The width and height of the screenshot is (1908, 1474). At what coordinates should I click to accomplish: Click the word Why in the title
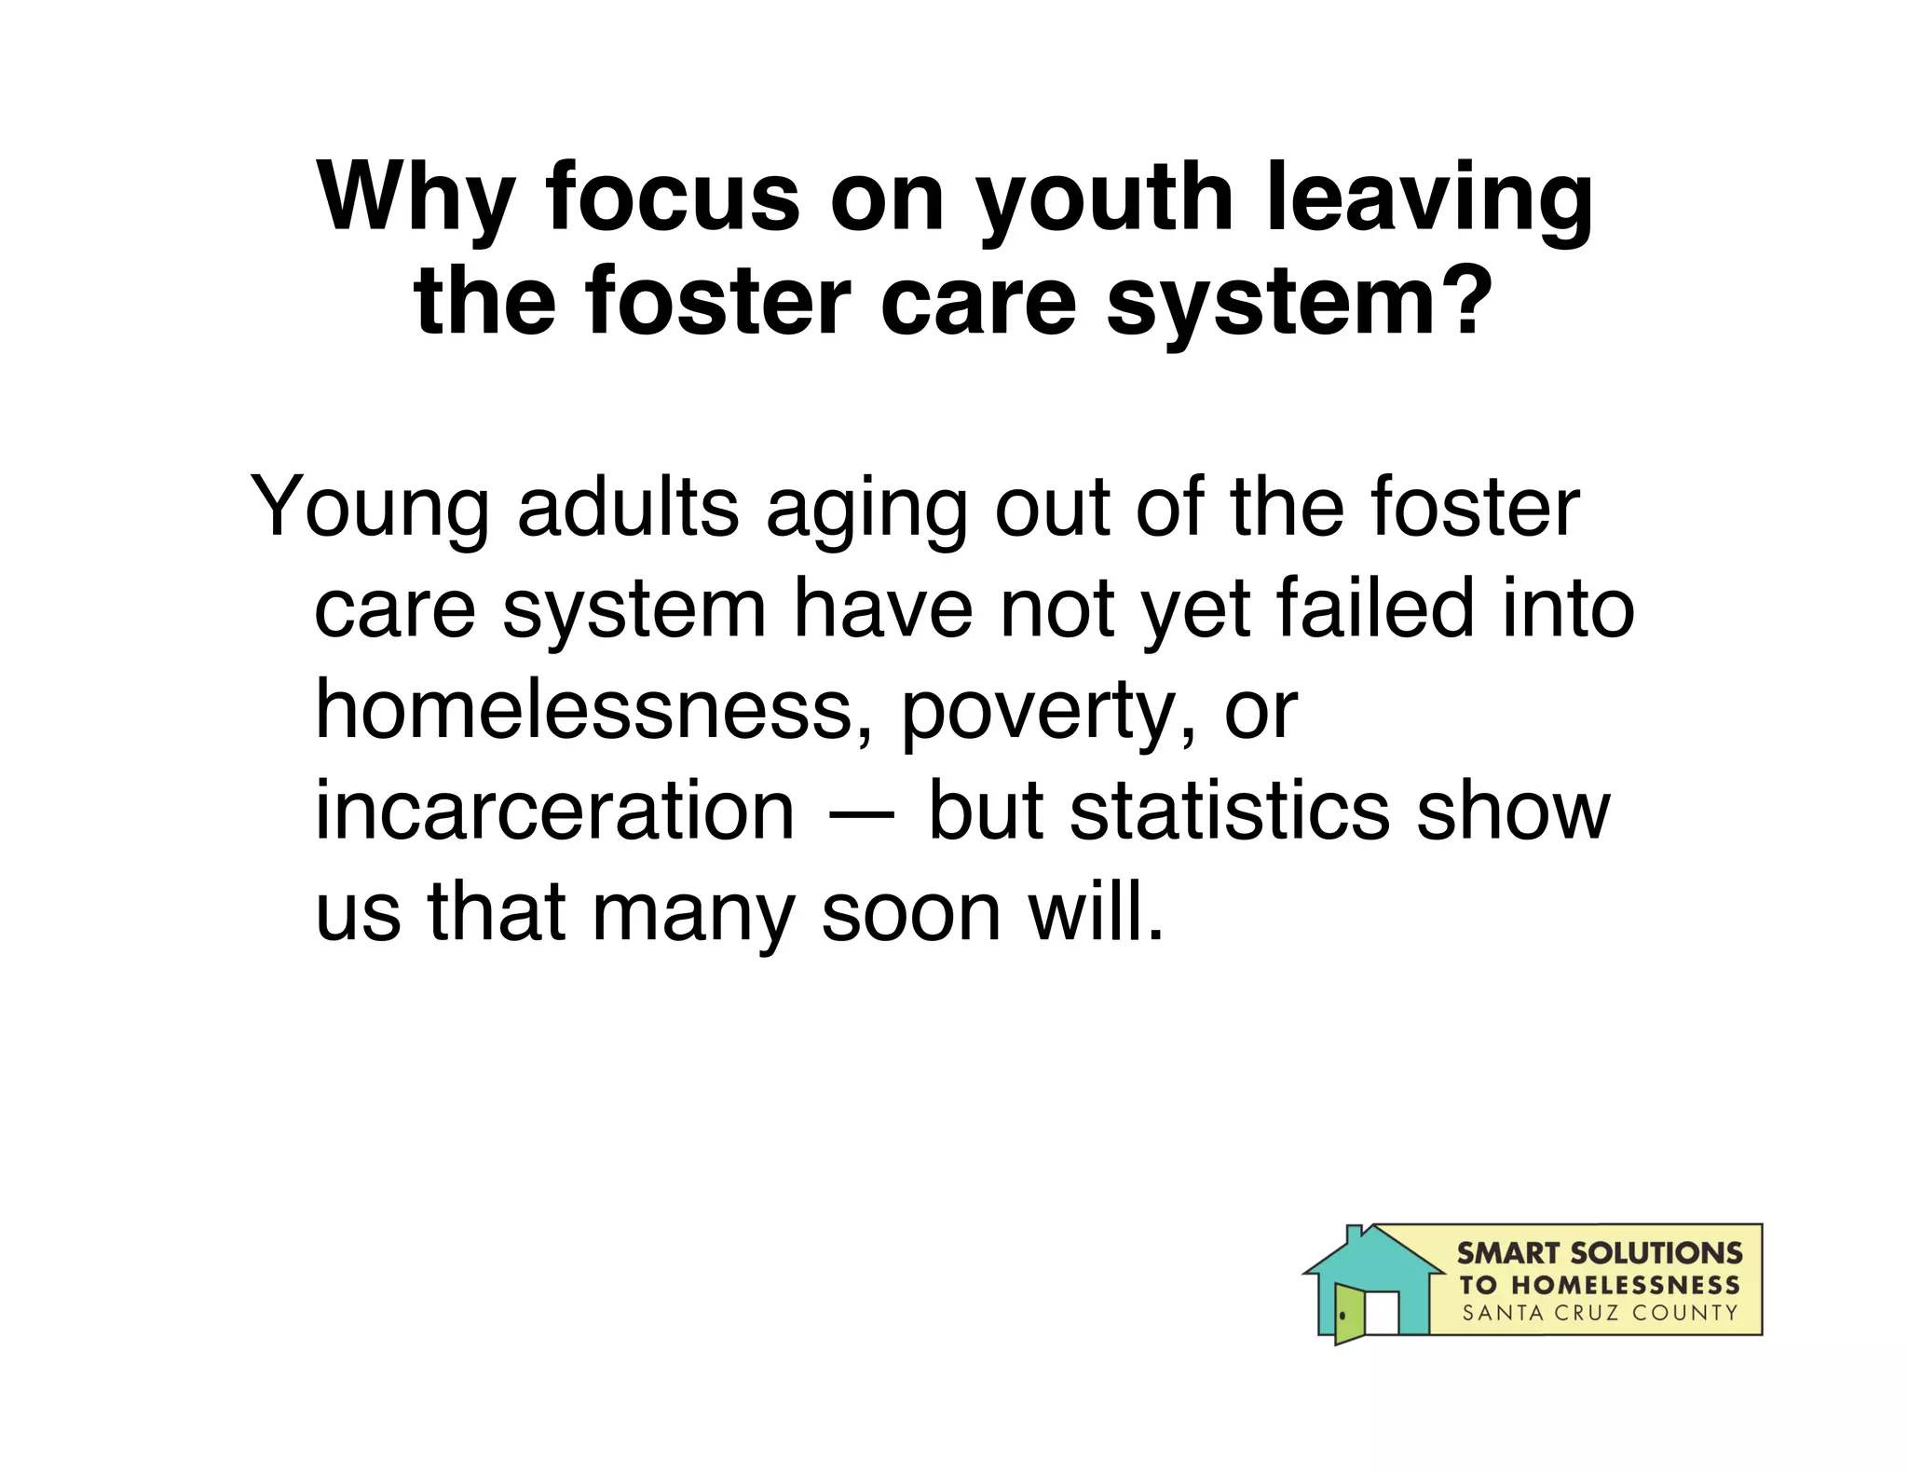[x=416, y=200]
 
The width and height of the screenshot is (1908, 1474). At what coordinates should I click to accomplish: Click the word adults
[x=627, y=508]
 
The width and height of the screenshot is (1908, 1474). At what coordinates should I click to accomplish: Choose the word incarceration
[x=555, y=810]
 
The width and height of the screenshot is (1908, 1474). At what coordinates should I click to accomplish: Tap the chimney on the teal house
[x=1355, y=1234]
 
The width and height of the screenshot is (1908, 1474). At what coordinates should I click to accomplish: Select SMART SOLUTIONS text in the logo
[x=1599, y=1252]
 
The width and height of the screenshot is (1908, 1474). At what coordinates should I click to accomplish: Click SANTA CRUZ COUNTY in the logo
[x=1599, y=1314]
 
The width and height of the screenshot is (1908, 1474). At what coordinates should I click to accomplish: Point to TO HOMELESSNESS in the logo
[x=1599, y=1285]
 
